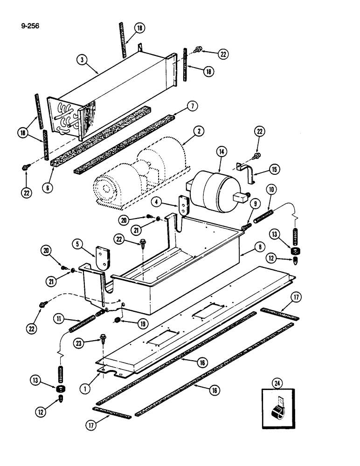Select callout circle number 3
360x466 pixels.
click(82, 60)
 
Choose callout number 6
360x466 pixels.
click(46, 187)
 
